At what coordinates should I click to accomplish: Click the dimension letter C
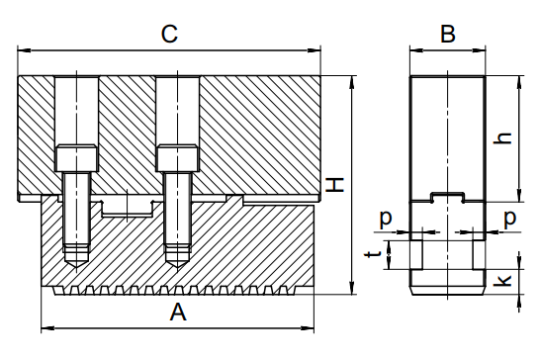pos(169,34)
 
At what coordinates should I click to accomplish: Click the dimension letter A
pos(178,313)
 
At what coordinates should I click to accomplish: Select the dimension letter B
pos(448,34)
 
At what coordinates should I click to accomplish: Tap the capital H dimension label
pos(334,185)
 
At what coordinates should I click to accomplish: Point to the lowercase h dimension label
pos(502,137)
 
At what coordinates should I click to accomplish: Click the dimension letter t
pos(373,254)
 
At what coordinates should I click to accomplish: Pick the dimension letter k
pos(502,280)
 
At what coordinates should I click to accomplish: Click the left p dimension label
pos(386,219)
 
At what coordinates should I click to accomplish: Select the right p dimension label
pos(509,219)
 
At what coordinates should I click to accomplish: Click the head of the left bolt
pos(76,158)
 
